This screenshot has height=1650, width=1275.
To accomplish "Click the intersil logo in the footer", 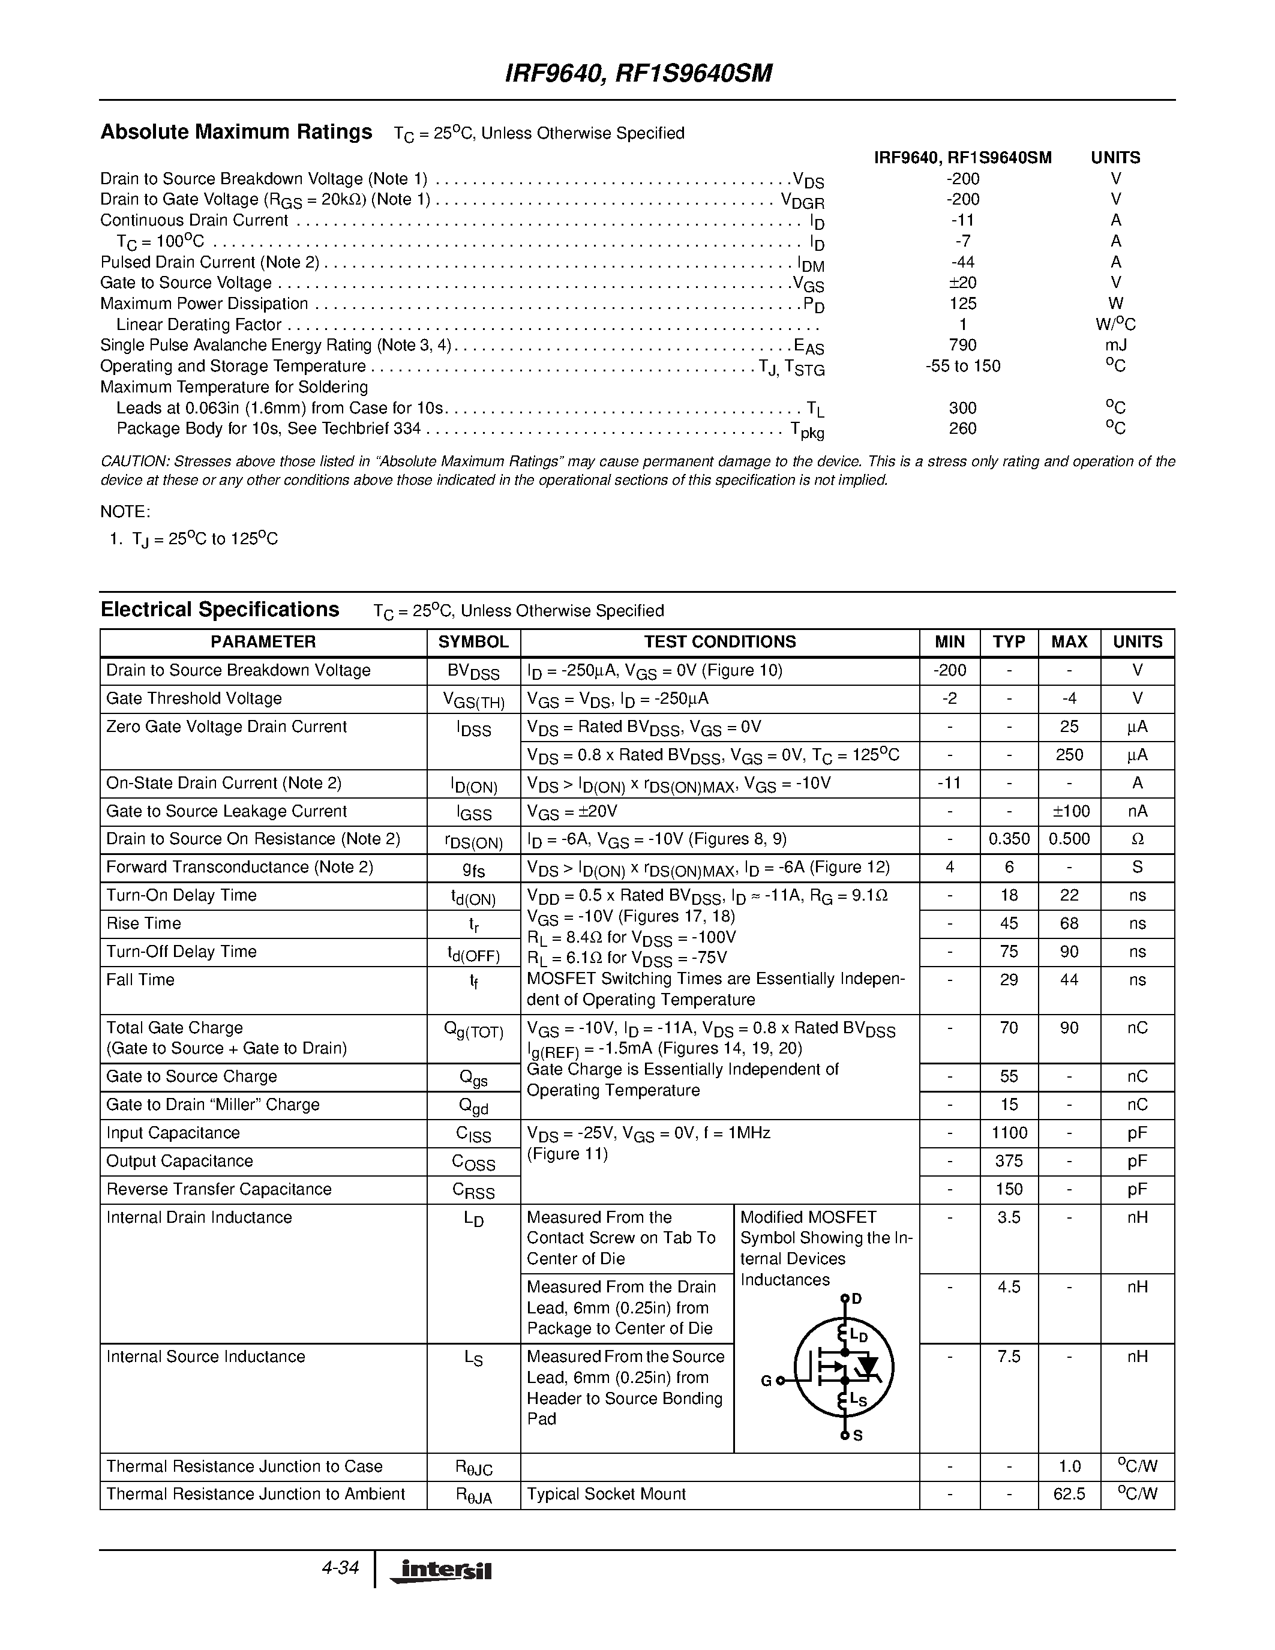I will click(x=441, y=1571).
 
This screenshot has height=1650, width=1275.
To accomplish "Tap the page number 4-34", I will click(x=339, y=1568).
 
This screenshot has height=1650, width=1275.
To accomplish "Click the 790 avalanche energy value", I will click(x=962, y=345).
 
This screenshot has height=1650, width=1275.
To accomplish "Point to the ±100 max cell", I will click(x=1069, y=811).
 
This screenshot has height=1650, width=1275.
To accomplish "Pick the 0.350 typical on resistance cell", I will click(x=1009, y=839).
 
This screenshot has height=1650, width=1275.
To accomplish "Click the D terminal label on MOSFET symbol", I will click(x=857, y=1298).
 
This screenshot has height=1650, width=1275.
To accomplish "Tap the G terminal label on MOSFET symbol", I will click(x=766, y=1381).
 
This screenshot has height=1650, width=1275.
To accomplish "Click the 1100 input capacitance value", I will click(x=1009, y=1133).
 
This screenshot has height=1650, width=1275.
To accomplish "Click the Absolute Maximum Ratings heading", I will click(x=236, y=132).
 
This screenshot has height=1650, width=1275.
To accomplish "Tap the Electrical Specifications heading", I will click(x=220, y=610).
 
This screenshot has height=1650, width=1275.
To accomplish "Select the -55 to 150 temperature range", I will click(x=962, y=367).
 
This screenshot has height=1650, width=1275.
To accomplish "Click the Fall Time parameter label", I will click(x=140, y=980).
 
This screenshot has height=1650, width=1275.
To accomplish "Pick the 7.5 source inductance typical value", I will click(x=1009, y=1357).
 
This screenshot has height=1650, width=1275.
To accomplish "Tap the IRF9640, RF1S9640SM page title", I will click(x=637, y=73).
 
